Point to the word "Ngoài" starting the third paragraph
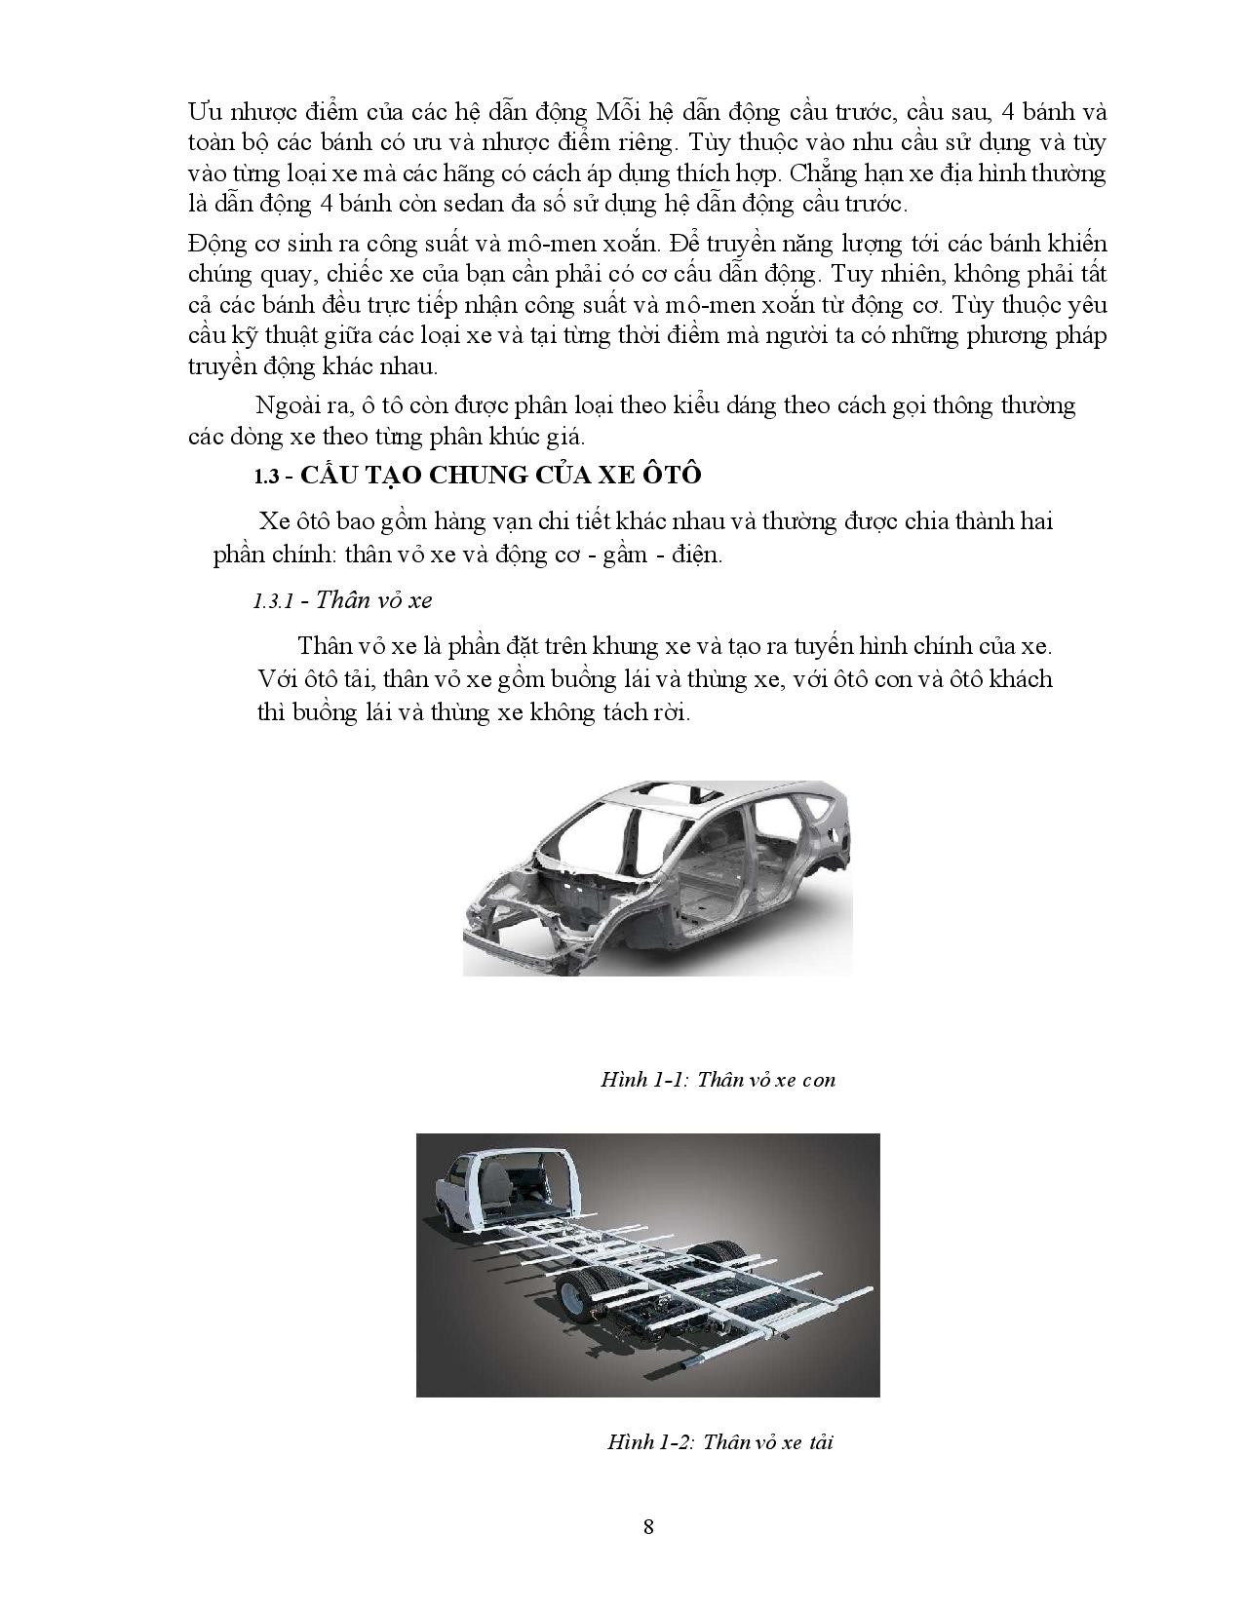286,405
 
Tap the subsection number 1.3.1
273,600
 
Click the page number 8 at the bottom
648,1526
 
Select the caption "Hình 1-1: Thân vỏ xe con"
718,1080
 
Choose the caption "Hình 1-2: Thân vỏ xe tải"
719,1441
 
